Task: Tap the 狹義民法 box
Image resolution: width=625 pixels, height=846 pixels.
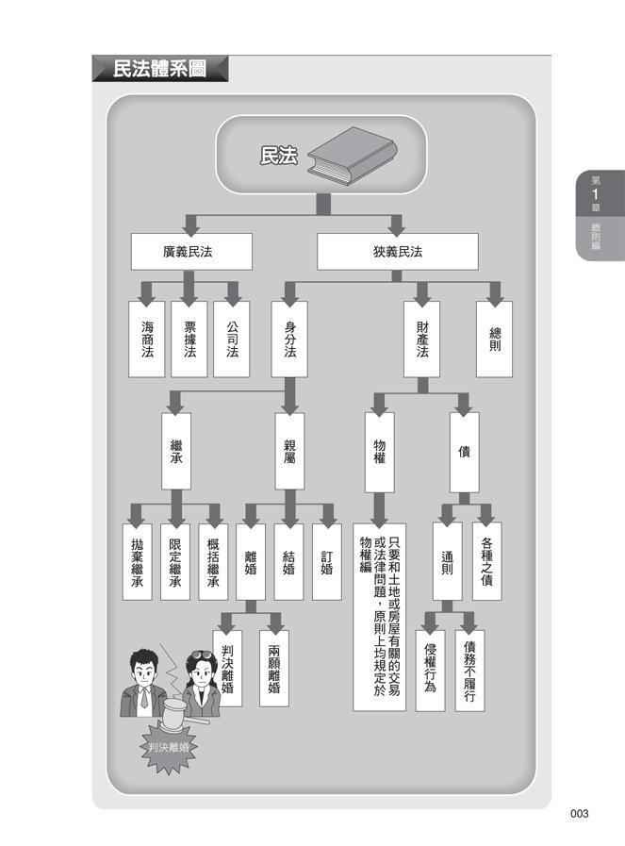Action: tap(397, 252)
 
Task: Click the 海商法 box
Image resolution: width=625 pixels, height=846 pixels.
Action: tap(146, 339)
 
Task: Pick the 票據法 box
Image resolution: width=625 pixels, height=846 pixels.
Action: tap(189, 339)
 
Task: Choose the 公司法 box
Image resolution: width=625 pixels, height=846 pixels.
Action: tap(231, 339)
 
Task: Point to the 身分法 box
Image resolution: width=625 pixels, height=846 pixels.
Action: tap(289, 339)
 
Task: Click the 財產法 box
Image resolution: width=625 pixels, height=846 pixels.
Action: tap(422, 339)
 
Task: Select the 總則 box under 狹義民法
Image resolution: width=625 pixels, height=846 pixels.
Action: tap(495, 339)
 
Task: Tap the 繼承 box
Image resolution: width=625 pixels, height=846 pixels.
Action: tap(175, 451)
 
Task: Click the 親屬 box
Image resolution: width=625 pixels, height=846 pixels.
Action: tap(289, 451)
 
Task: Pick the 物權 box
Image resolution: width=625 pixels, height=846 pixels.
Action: tap(379, 451)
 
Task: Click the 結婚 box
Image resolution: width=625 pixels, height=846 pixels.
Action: tap(289, 562)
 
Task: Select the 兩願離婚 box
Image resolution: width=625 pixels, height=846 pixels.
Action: tap(273, 669)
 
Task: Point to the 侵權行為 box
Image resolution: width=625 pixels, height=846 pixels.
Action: tap(430, 669)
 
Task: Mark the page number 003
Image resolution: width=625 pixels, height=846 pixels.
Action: tap(579, 813)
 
